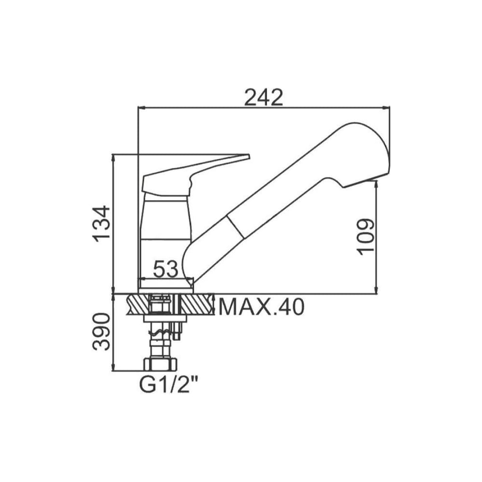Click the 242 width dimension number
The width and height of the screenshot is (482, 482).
click(x=264, y=97)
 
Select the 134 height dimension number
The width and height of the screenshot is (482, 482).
click(x=102, y=224)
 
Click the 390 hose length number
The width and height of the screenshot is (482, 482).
click(x=101, y=332)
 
